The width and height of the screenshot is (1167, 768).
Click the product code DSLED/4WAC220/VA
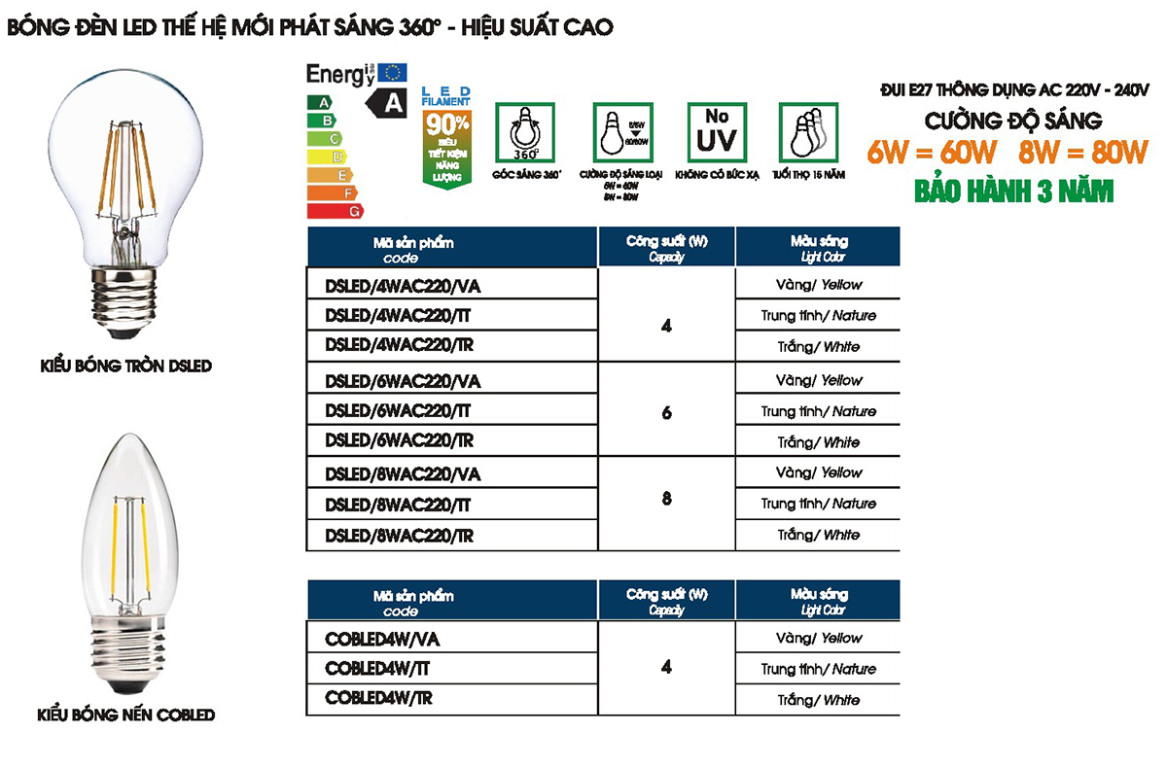click(404, 285)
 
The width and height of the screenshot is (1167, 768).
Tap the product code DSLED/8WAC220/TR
click(400, 536)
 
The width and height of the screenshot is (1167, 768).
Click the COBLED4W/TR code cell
click(379, 699)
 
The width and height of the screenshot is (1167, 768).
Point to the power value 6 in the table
click(666, 412)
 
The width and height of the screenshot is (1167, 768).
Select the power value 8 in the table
click(666, 499)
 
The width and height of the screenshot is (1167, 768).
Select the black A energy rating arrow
click(386, 101)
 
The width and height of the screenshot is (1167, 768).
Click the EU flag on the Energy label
click(393, 71)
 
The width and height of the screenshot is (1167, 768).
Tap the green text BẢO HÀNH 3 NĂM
click(1014, 189)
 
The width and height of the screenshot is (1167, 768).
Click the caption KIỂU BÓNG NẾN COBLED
click(125, 715)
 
